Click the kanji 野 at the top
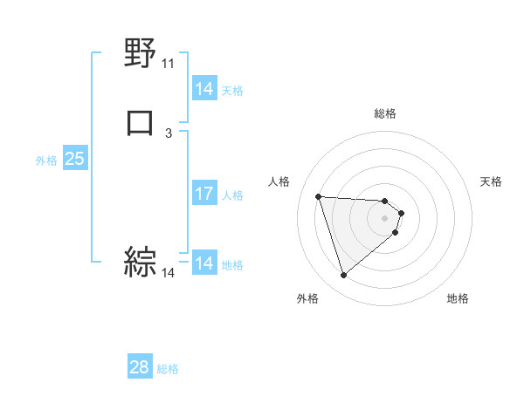click(x=141, y=54)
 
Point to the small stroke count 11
click(x=168, y=64)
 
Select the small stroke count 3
click(x=169, y=133)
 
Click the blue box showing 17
click(x=203, y=194)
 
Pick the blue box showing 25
click(x=74, y=159)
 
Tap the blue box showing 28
click(x=139, y=367)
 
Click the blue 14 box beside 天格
click(x=203, y=89)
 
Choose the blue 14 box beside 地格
click(x=203, y=263)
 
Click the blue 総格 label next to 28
click(x=169, y=369)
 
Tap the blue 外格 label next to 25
click(x=46, y=160)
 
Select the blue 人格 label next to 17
click(x=233, y=195)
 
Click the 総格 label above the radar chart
click(x=385, y=113)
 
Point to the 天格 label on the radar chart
click(x=492, y=181)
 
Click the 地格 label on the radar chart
click(x=458, y=298)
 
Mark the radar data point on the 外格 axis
click(x=343, y=276)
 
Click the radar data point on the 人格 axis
click(x=319, y=196)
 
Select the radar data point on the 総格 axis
click(x=385, y=200)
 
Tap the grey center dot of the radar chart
click(x=385, y=218)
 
